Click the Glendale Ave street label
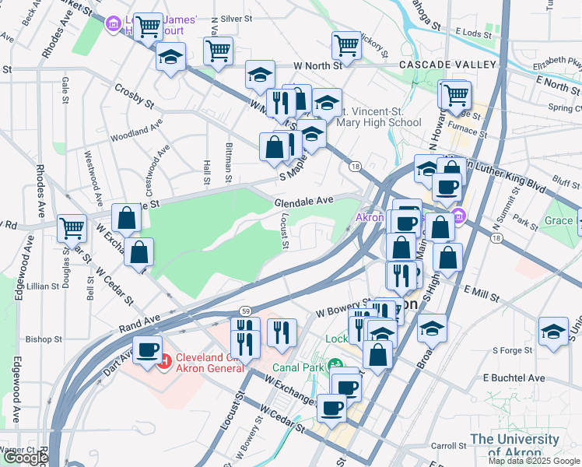[x=303, y=201]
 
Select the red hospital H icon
[x=164, y=362]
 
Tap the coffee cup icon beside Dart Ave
[x=148, y=349]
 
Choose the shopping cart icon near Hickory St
[x=346, y=44]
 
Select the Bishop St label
[x=44, y=339]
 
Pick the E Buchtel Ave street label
[x=514, y=377]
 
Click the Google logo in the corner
[x=25, y=458]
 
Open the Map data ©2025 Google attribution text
[x=534, y=461]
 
